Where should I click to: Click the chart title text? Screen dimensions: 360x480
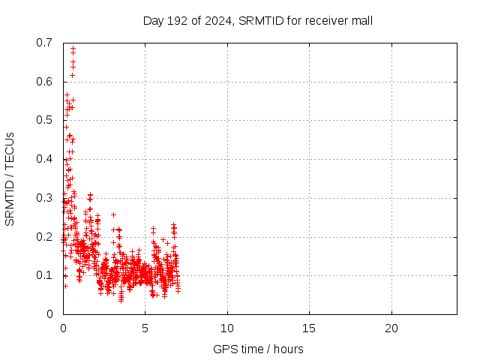point(258,20)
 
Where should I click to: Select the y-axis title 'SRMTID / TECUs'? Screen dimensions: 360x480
point(10,178)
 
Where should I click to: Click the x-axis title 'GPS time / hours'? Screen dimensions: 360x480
point(258,349)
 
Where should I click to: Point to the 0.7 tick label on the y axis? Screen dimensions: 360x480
point(44,42)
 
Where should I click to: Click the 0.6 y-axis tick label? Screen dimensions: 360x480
point(44,81)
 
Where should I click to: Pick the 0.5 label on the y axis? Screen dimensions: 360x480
point(44,120)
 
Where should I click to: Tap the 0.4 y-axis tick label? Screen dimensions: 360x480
point(44,159)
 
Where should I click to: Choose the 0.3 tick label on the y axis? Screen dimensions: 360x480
point(44,198)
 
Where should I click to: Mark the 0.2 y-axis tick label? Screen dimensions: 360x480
point(44,237)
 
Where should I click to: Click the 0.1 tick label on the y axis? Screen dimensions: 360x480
point(44,275)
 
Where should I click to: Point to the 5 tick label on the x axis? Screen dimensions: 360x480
point(145,328)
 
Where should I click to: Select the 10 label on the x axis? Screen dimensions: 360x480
point(227,328)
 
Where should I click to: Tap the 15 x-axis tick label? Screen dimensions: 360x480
point(309,328)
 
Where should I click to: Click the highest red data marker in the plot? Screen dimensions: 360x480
point(73,48)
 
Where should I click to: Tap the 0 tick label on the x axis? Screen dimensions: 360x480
point(63,328)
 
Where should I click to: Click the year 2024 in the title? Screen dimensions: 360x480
point(217,20)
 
